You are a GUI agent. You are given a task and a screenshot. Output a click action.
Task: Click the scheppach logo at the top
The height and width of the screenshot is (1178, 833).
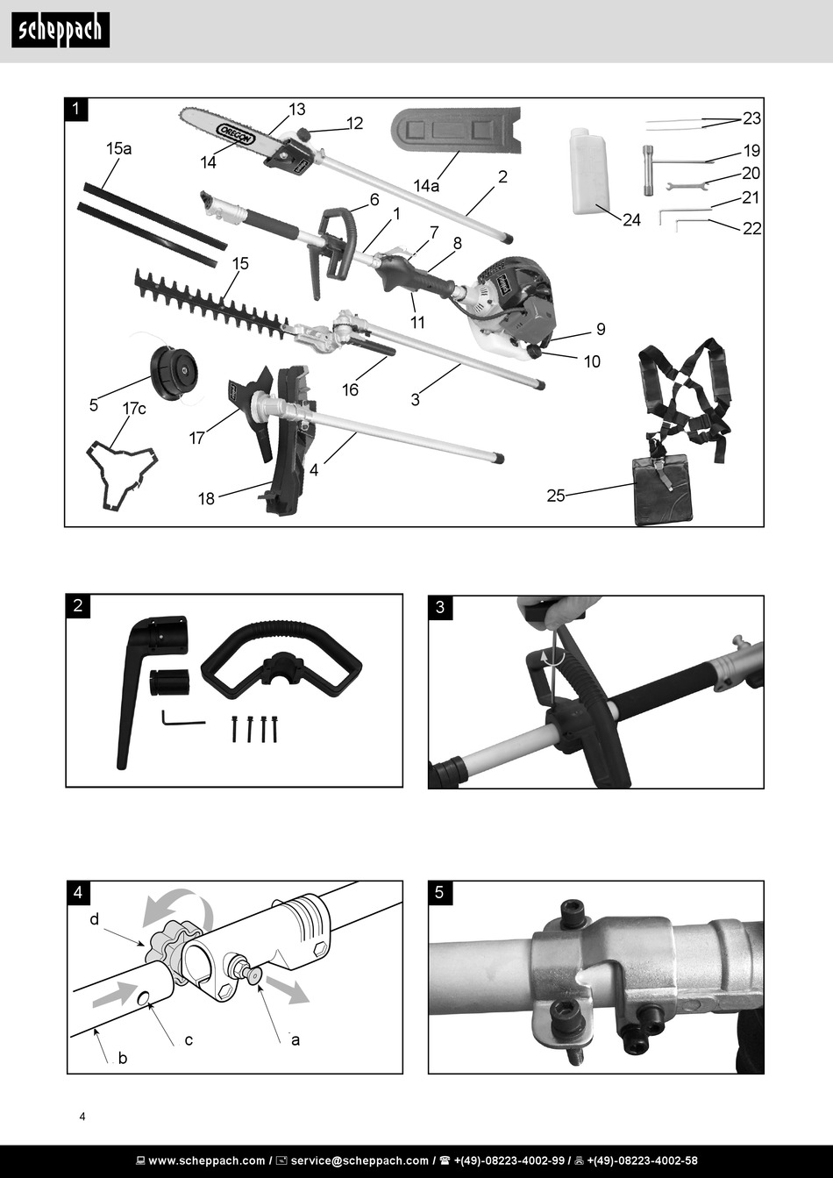click(61, 30)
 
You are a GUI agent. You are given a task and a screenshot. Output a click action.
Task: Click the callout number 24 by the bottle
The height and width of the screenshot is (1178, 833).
click(631, 219)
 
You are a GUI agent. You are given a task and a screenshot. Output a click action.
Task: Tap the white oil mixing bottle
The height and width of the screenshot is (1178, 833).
click(589, 171)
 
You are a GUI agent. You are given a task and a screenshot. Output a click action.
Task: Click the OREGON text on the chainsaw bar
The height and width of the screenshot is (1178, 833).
click(236, 133)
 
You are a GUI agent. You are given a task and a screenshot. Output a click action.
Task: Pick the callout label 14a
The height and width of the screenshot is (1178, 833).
click(426, 186)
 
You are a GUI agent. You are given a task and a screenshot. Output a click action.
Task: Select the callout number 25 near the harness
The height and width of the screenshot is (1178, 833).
click(556, 496)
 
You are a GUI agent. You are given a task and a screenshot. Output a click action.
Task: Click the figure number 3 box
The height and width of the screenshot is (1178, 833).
click(440, 607)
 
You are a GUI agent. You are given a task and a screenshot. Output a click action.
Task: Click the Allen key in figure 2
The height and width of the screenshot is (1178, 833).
click(182, 719)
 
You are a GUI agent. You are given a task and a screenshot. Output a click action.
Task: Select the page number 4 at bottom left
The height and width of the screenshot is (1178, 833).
click(82, 1117)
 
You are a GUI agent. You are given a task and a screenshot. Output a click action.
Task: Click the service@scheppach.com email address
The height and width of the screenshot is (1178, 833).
click(360, 1160)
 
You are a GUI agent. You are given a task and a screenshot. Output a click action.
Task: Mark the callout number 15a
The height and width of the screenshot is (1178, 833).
click(118, 148)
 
